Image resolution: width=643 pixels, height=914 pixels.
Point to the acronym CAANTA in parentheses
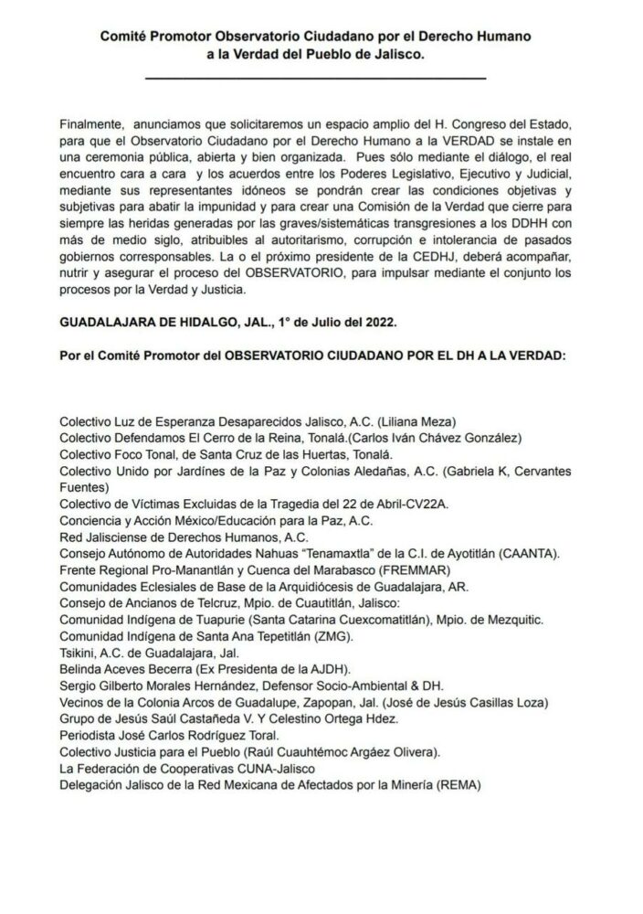point(534,553)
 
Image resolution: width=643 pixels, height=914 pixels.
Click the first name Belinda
point(81,668)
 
